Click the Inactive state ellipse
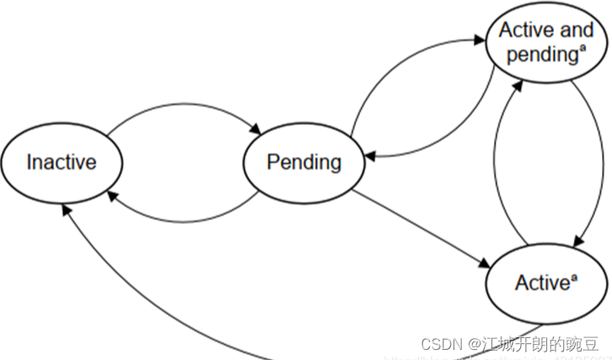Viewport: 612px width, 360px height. (x=61, y=161)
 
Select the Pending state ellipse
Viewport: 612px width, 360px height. (x=303, y=162)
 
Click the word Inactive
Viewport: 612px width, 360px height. (x=61, y=161)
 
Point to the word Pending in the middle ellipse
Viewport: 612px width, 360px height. (x=303, y=162)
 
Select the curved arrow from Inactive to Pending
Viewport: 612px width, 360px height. (x=181, y=107)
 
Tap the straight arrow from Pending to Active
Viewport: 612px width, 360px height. (x=421, y=226)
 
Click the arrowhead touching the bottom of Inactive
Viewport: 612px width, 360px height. (x=67, y=207)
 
